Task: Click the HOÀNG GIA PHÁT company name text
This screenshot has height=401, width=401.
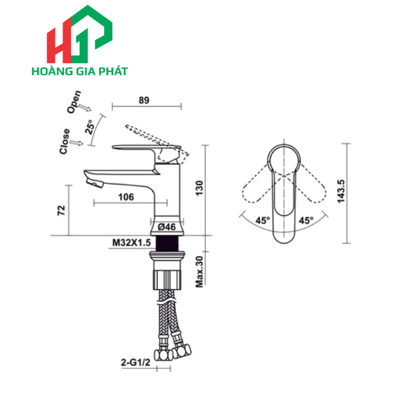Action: (80, 72)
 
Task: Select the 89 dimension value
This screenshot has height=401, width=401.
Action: (144, 100)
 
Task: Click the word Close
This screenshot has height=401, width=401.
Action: (65, 141)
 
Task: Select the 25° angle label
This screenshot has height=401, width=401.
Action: (91, 127)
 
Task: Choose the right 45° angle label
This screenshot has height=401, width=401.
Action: (305, 221)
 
